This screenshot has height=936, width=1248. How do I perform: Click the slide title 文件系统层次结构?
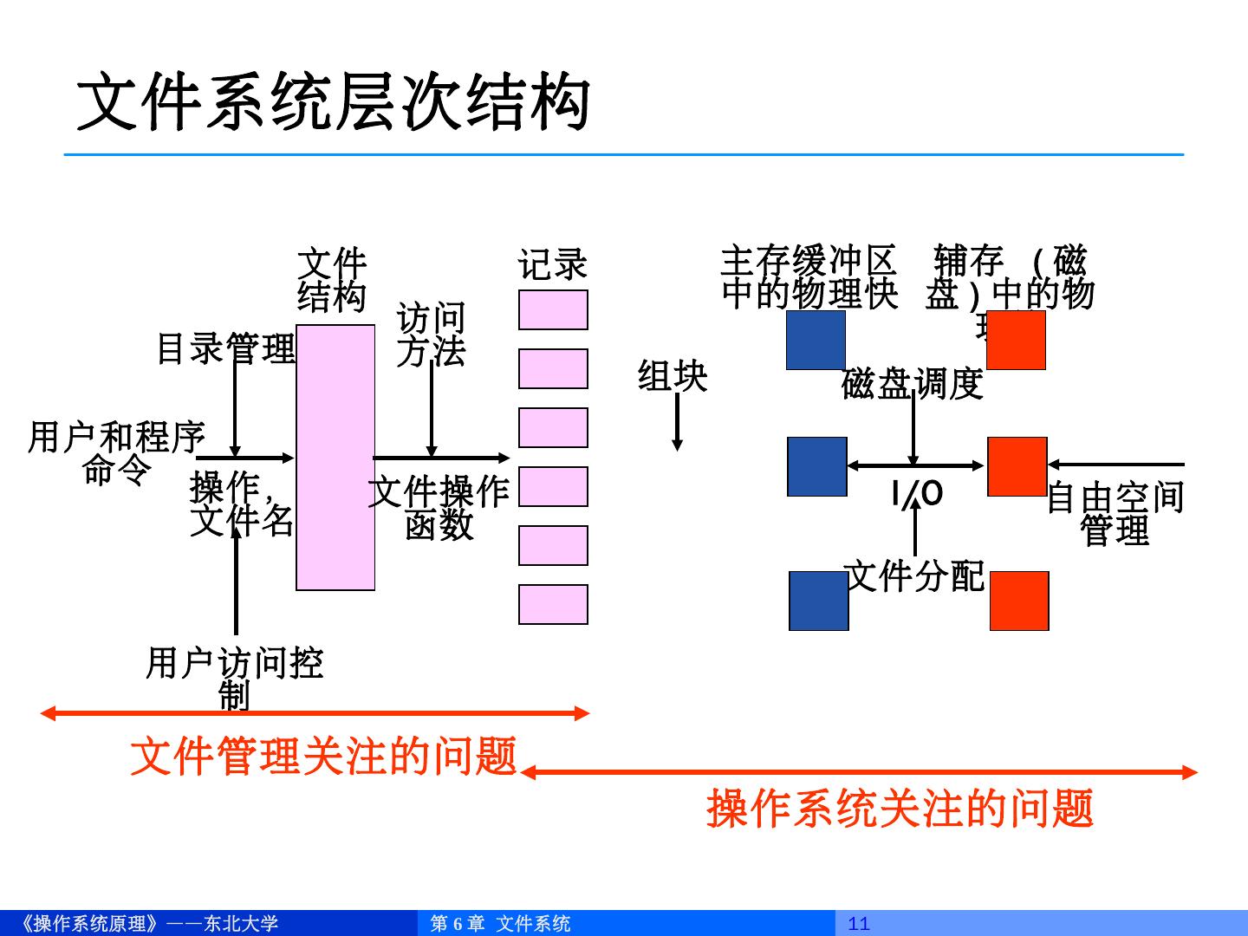click(334, 102)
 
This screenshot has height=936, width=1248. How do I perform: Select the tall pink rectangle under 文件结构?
click(335, 458)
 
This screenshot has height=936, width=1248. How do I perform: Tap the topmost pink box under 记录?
click(553, 310)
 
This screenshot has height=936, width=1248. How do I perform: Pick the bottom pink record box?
click(553, 604)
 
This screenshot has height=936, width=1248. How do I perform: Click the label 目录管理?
click(225, 348)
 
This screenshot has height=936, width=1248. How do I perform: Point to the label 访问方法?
click(431, 335)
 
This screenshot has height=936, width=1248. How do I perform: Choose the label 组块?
click(673, 376)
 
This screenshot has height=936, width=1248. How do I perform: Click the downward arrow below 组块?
click(677, 422)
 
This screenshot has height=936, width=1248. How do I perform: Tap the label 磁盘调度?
click(912, 383)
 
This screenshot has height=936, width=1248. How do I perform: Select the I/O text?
click(917, 494)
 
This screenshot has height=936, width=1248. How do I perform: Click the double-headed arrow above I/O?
click(915, 465)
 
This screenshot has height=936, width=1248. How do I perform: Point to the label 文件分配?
click(914, 575)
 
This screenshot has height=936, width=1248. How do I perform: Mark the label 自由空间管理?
click(1115, 514)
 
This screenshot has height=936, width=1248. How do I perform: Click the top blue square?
click(816, 341)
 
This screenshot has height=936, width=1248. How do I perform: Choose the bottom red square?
click(1019, 601)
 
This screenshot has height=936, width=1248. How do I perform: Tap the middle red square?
click(1017, 466)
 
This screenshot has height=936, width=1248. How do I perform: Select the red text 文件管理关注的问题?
click(323, 756)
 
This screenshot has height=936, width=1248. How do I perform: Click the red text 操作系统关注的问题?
click(900, 808)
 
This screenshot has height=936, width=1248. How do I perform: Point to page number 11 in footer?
click(859, 924)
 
